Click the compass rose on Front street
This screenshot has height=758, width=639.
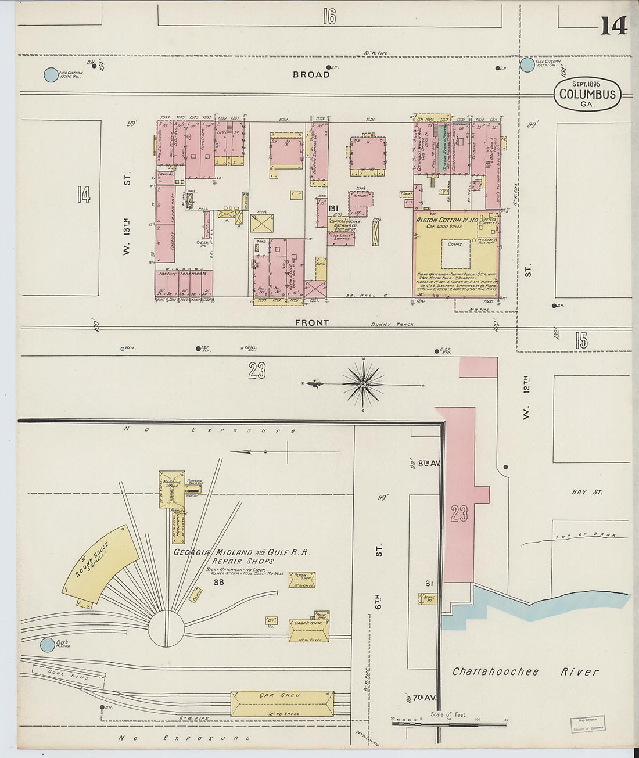pyautogui.click(x=363, y=384)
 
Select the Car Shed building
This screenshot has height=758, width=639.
pyautogui.click(x=282, y=703)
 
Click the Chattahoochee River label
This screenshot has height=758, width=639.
pyautogui.click(x=525, y=672)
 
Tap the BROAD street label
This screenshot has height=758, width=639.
pyautogui.click(x=311, y=74)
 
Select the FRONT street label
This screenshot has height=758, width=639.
pyautogui.click(x=311, y=323)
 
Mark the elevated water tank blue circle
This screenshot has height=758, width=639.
pyautogui.click(x=47, y=645)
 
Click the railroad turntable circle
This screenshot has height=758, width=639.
pyautogui.click(x=166, y=629)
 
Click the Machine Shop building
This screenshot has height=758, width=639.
pyautogui.click(x=171, y=488)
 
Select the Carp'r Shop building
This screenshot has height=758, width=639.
pyautogui.click(x=309, y=629)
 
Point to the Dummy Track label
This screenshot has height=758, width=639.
pyautogui.click(x=392, y=325)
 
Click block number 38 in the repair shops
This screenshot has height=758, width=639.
pyautogui.click(x=218, y=582)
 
